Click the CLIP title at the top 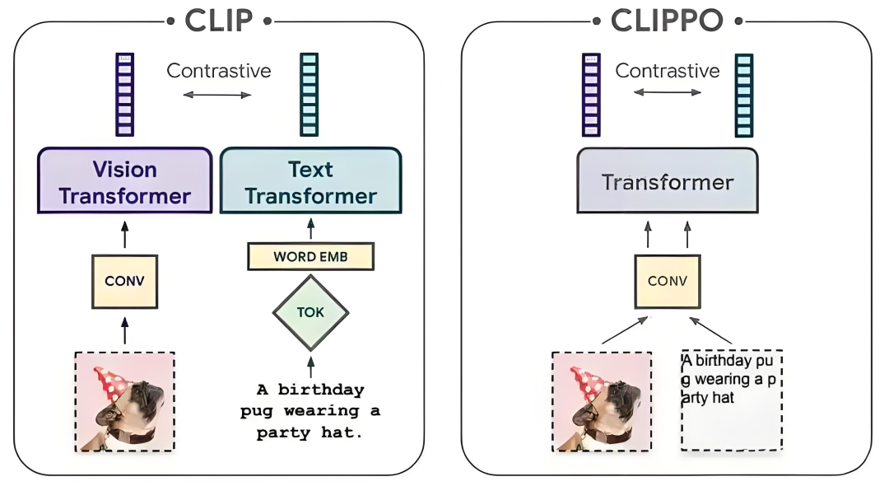[219, 20]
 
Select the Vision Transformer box [124, 182]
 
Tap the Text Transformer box [310, 182]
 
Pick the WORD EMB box [310, 257]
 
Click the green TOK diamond [310, 313]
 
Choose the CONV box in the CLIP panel [124, 281]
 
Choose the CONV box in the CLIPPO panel [667, 281]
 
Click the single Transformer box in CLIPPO [667, 182]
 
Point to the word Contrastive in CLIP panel [218, 71]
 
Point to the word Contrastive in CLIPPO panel [667, 71]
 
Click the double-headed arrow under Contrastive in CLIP [217, 96]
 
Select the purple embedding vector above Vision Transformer [124, 94]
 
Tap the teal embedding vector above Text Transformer [309, 94]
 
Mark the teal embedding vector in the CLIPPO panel [743, 94]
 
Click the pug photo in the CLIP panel [124, 401]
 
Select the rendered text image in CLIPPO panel [731, 400]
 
